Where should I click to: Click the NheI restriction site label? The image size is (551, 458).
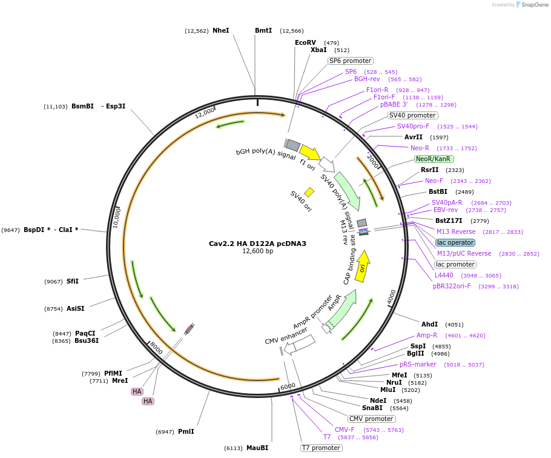220,30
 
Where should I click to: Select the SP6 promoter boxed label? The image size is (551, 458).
350,61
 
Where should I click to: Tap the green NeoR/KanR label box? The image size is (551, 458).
433,159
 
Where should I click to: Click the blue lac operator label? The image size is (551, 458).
455,242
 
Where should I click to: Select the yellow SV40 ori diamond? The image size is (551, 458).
309,192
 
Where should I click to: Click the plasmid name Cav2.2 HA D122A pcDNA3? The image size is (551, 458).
257,244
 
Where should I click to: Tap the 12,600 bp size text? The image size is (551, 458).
257,251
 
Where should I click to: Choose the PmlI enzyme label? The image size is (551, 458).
186,431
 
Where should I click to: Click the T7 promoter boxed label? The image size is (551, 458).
320,448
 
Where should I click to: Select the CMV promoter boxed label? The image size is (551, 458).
371,419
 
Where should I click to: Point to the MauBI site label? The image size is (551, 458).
257,448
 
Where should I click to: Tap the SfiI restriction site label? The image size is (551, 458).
72,281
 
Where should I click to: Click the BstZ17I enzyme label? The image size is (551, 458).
449,221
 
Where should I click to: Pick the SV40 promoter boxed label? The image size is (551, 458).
412,115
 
